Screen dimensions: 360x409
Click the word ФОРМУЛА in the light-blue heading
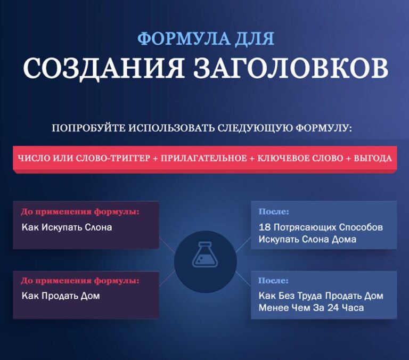point(170,39)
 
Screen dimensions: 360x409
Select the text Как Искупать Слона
point(67,227)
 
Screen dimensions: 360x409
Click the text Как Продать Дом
point(61,296)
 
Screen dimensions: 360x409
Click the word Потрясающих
point(302,227)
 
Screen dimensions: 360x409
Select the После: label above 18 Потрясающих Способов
point(274,211)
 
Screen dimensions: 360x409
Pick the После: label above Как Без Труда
point(274,280)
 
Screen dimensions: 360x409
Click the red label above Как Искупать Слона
point(80,211)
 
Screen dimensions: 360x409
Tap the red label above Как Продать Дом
point(80,280)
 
